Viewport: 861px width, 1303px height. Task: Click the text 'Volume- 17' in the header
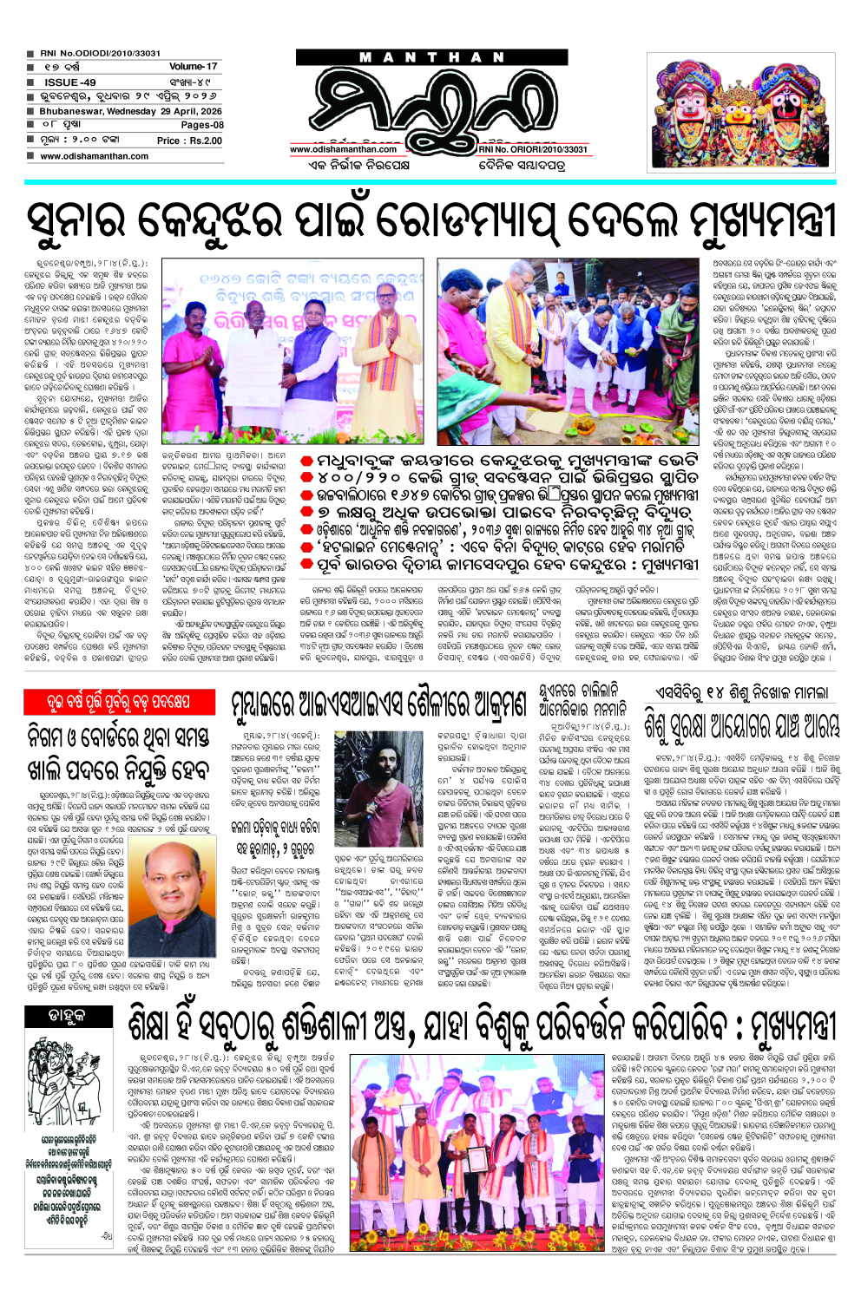[x=193, y=67]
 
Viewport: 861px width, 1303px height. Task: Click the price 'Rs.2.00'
[x=206, y=141]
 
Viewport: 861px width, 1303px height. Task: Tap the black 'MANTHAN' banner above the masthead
[x=432, y=57]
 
